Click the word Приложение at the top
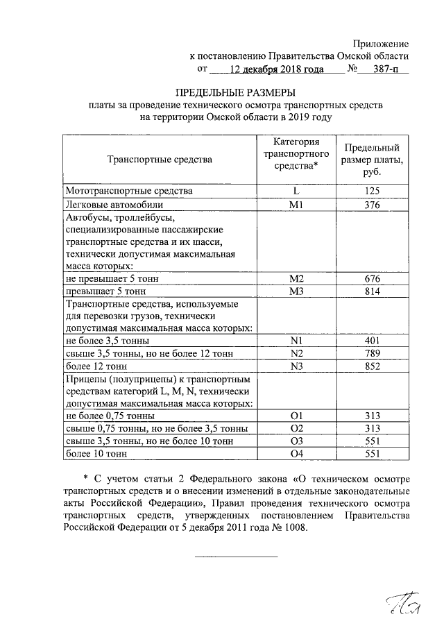tap(380, 44)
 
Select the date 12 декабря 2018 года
tap(275, 70)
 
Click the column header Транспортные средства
tap(160, 160)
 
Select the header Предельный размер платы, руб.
tap(373, 160)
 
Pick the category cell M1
tap(296, 205)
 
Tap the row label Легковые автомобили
tap(114, 205)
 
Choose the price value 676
tap(373, 278)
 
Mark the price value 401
tap(373, 341)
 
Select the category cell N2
tap(296, 354)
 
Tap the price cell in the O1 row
tap(373, 416)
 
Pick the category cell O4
tap(296, 455)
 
